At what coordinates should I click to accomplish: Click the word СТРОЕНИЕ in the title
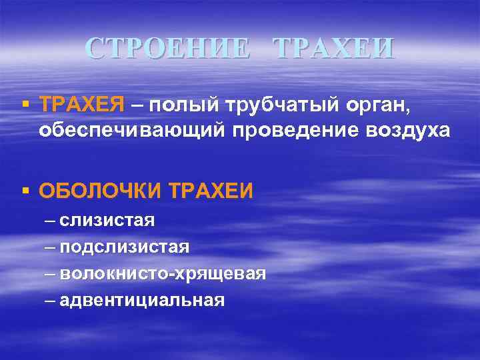[x=169, y=49]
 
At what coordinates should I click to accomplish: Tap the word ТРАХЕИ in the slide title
[x=333, y=49]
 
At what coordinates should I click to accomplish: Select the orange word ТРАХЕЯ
[x=82, y=104]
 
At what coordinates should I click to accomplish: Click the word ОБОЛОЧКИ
[x=101, y=191]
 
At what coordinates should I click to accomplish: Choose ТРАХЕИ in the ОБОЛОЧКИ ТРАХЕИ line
[x=211, y=191]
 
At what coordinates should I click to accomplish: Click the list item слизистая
[x=107, y=220]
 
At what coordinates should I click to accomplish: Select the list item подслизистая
[x=125, y=247]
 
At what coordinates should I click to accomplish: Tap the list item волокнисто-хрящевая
[x=163, y=273]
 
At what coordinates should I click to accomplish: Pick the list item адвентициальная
[x=142, y=300]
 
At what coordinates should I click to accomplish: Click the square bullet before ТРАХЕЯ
[x=25, y=104]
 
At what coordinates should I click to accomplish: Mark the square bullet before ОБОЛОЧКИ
[x=25, y=191]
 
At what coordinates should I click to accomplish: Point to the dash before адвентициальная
[x=51, y=301]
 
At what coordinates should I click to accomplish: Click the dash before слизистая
[x=51, y=221]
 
